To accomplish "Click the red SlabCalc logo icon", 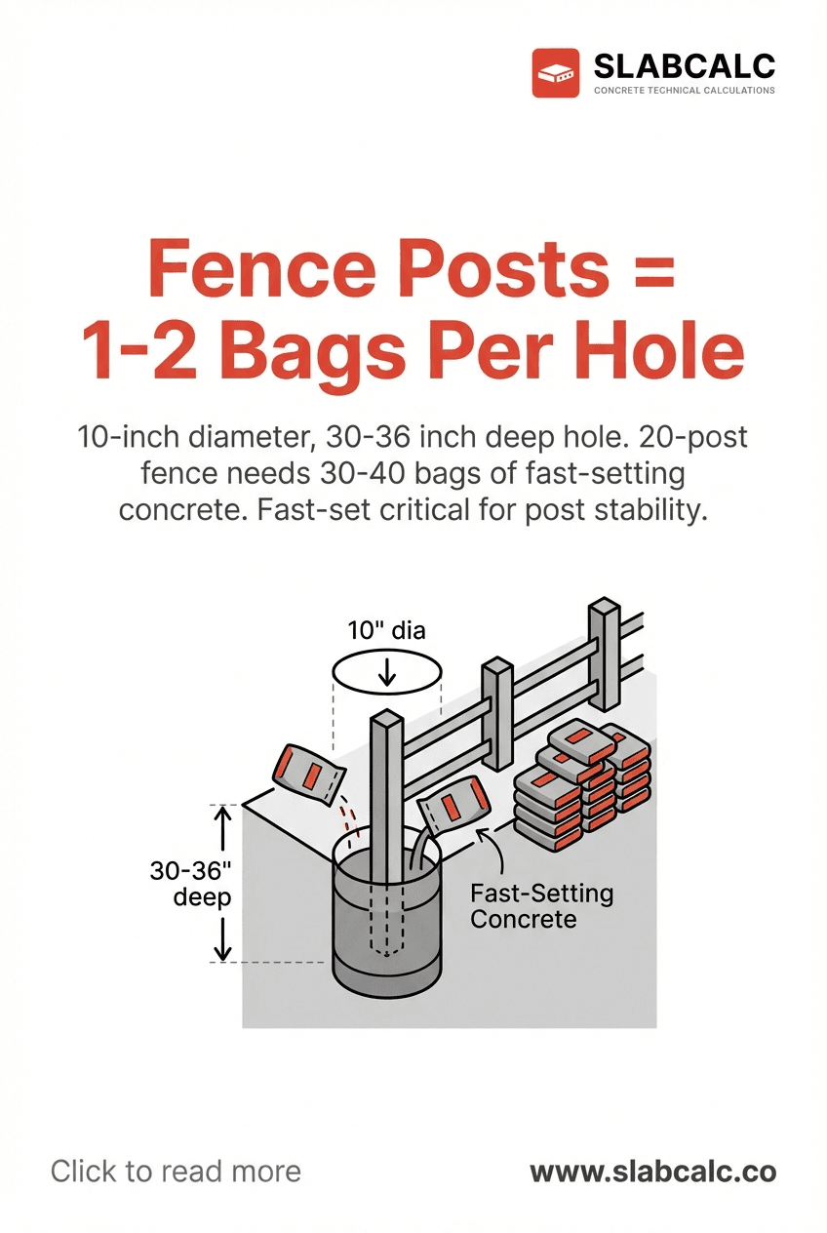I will pyautogui.click(x=555, y=74).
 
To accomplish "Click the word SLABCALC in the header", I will pyautogui.click(x=684, y=66).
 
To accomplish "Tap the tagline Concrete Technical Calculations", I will pyautogui.click(x=684, y=91).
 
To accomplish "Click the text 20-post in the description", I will pyautogui.click(x=692, y=436).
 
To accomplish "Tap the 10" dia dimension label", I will pyautogui.click(x=387, y=630).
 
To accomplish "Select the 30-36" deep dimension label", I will pyautogui.click(x=190, y=884).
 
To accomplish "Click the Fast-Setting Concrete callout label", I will pyautogui.click(x=541, y=905).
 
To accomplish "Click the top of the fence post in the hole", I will pyautogui.click(x=386, y=721).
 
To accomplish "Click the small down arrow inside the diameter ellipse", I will pyautogui.click(x=388, y=671).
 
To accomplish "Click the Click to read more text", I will pyautogui.click(x=176, y=1172).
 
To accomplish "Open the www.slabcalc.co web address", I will pyautogui.click(x=652, y=1172).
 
